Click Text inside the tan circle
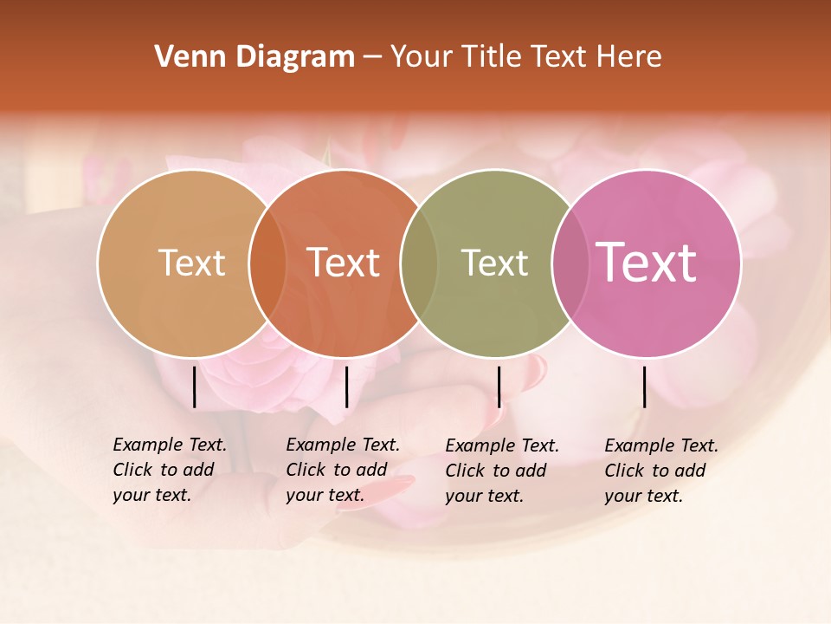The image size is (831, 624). pyautogui.click(x=191, y=263)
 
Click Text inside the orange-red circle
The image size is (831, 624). pyautogui.click(x=344, y=263)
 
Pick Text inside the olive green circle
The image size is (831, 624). pyautogui.click(x=494, y=263)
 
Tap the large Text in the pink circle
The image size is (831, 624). pyautogui.click(x=647, y=263)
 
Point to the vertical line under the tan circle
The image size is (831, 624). pyautogui.click(x=195, y=387)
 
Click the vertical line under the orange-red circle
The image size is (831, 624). pyautogui.click(x=346, y=387)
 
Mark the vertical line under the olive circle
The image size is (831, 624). pyautogui.click(x=499, y=387)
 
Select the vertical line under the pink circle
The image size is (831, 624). pyautogui.click(x=645, y=387)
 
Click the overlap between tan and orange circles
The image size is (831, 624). pyautogui.click(x=267, y=263)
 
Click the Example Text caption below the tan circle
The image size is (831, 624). pyautogui.click(x=169, y=470)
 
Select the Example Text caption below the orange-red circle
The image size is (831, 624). pyautogui.click(x=342, y=470)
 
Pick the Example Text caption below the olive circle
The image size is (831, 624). pyautogui.click(x=501, y=471)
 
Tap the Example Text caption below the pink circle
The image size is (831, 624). pyautogui.click(x=660, y=471)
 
